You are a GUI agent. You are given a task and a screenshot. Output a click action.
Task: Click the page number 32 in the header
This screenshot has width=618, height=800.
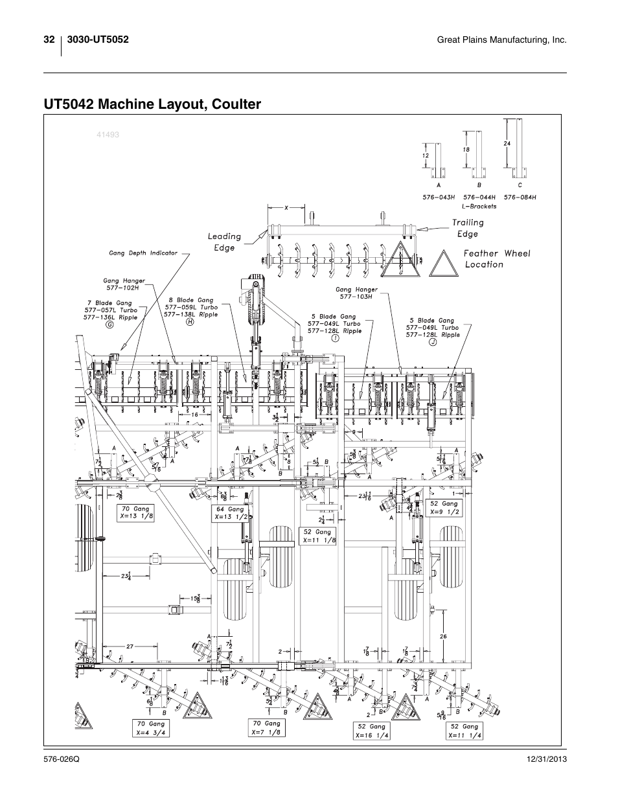[49, 40]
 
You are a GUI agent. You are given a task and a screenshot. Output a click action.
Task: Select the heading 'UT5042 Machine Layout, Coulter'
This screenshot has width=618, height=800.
[153, 104]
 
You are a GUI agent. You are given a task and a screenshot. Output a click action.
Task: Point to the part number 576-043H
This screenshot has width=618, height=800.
[439, 197]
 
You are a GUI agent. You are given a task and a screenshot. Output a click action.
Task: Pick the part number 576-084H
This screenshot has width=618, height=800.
[520, 197]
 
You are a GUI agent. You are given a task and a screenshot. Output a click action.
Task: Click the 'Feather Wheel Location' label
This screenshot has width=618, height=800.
[496, 259]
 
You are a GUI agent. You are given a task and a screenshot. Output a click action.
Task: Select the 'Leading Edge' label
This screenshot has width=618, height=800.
[224, 242]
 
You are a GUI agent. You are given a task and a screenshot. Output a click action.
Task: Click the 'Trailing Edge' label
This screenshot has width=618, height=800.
[468, 228]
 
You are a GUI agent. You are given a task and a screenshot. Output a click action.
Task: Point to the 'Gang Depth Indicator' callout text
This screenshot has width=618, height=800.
[143, 253]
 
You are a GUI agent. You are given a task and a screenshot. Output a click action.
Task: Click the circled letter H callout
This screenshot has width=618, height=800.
[190, 322]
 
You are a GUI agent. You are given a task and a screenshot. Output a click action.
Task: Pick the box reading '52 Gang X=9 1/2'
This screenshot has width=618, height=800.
[444, 507]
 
